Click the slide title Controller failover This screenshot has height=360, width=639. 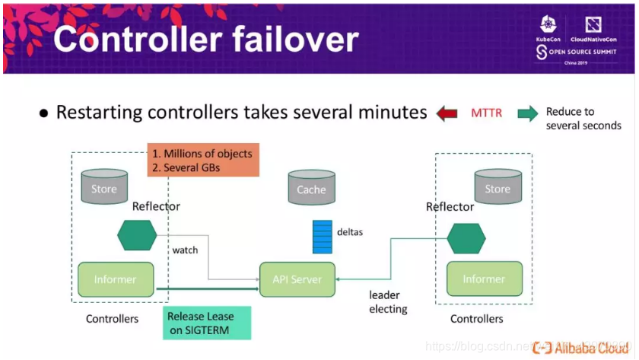point(205,40)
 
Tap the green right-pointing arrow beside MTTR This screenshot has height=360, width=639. point(527,113)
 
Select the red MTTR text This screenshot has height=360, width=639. point(487,113)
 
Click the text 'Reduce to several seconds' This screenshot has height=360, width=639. point(583,119)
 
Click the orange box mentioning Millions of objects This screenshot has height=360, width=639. point(203,160)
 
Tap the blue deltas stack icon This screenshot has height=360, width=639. point(323,236)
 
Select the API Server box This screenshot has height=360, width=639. point(297,279)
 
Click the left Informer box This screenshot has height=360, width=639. point(116,279)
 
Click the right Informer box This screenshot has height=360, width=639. point(484,279)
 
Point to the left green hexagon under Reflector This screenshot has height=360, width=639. point(137,235)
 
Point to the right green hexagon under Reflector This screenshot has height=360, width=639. point(466,238)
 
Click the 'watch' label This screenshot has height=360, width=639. point(185,250)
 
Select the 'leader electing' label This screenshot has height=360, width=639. point(388,302)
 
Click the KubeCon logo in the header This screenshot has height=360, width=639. point(550,29)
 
